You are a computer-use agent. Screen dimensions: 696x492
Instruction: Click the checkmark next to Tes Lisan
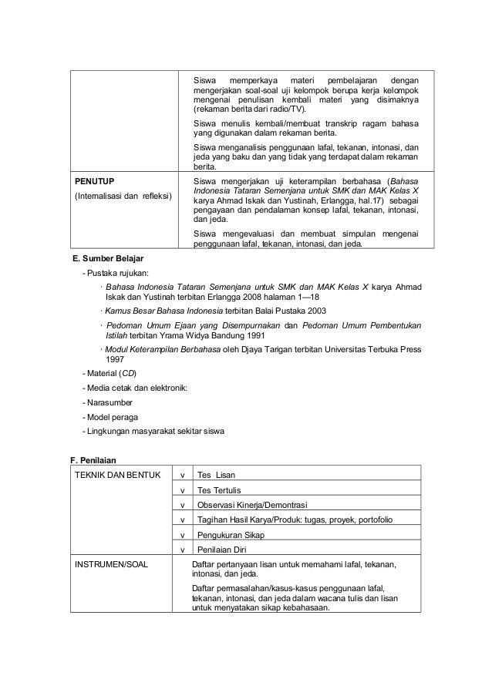(x=181, y=473)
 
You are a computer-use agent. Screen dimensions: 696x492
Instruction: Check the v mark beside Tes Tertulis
(x=181, y=489)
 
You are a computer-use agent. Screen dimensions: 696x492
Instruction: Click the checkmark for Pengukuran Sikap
(x=181, y=534)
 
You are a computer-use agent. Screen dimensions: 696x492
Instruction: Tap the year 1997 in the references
(x=115, y=358)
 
